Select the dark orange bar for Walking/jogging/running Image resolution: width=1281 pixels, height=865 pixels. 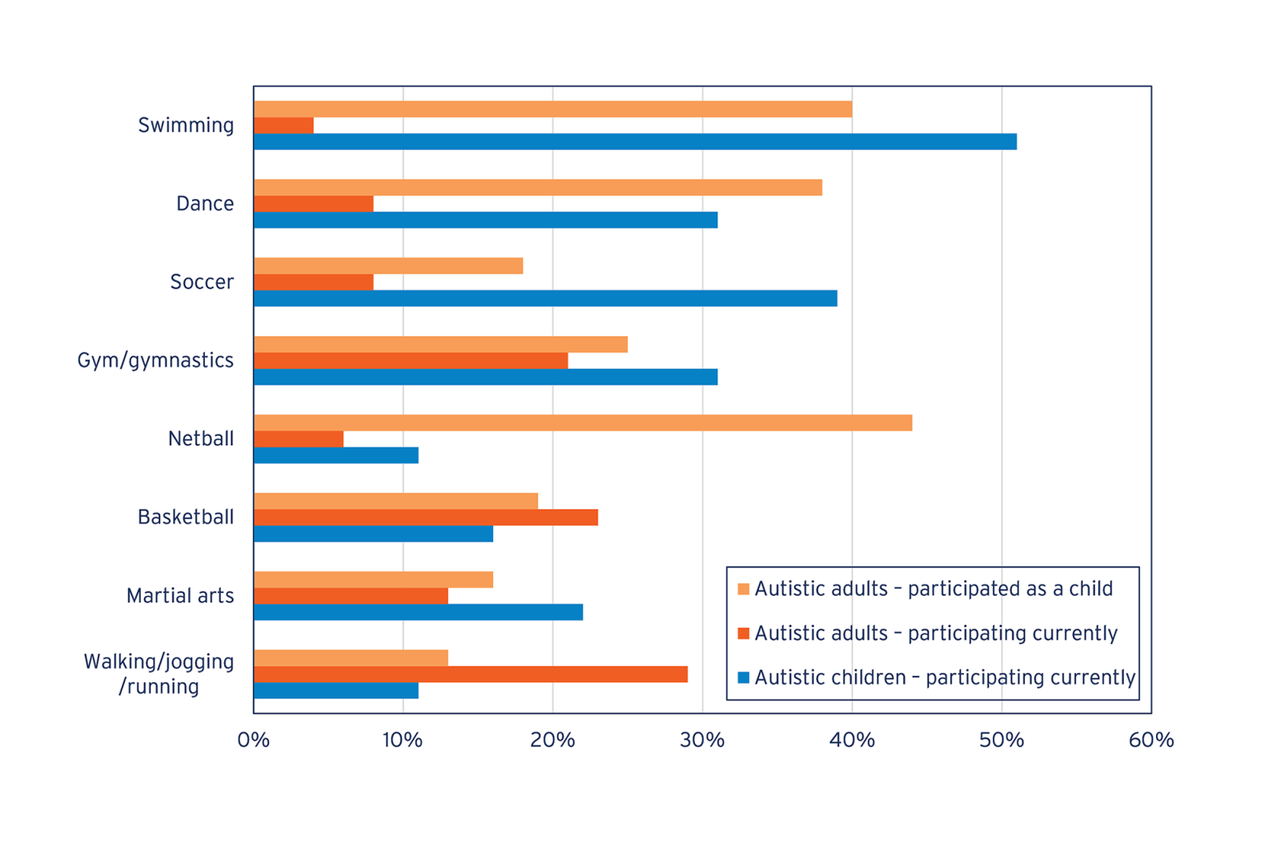pyautogui.click(x=471, y=674)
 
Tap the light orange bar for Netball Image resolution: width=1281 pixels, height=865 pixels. pyautogui.click(x=583, y=423)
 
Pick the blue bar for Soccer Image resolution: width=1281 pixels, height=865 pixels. pyautogui.click(x=545, y=299)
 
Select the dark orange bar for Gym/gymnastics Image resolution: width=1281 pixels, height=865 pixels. pyautogui.click(x=411, y=360)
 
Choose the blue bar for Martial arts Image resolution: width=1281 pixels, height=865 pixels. pyautogui.click(x=418, y=612)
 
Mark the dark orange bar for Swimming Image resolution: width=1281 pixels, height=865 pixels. pyautogui.click(x=283, y=126)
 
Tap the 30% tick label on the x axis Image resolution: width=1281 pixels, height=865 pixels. pyautogui.click(x=702, y=740)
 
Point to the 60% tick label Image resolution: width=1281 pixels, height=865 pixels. pyautogui.click(x=1150, y=740)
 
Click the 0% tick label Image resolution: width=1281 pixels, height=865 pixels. pyautogui.click(x=254, y=740)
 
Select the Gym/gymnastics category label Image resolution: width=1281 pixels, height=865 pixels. pyautogui.click(x=155, y=360)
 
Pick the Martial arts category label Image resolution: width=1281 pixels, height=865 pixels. pyautogui.click(x=180, y=596)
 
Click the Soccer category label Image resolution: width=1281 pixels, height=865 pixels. pyautogui.click(x=202, y=282)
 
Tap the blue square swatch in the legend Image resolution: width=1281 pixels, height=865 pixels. pyautogui.click(x=744, y=678)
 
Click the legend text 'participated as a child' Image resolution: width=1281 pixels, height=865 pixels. pyautogui.click(x=1010, y=589)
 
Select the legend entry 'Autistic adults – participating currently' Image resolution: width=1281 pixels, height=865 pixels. pyautogui.click(x=935, y=634)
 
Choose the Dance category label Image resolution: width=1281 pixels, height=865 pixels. pyautogui.click(x=205, y=203)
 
